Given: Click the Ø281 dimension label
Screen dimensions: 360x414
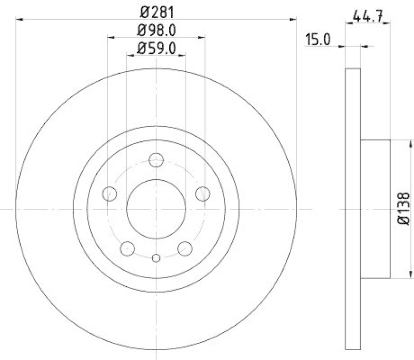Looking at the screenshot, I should click(x=156, y=10).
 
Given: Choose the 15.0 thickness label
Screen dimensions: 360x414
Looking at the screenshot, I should click(x=318, y=39).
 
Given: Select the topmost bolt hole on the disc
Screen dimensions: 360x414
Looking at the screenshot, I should click(x=156, y=160).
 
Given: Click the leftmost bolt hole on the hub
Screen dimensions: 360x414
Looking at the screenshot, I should click(x=109, y=194).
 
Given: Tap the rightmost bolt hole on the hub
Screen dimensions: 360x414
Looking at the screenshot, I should click(x=203, y=194).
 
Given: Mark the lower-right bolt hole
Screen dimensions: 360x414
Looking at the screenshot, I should click(x=185, y=249).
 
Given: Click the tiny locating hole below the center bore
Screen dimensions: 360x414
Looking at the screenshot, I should click(x=156, y=257).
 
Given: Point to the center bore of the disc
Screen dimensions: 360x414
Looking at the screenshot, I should click(x=156, y=209).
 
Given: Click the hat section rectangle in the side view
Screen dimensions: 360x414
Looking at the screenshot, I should click(x=375, y=209).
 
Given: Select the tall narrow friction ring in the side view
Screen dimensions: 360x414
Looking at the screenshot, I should click(x=352, y=209).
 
